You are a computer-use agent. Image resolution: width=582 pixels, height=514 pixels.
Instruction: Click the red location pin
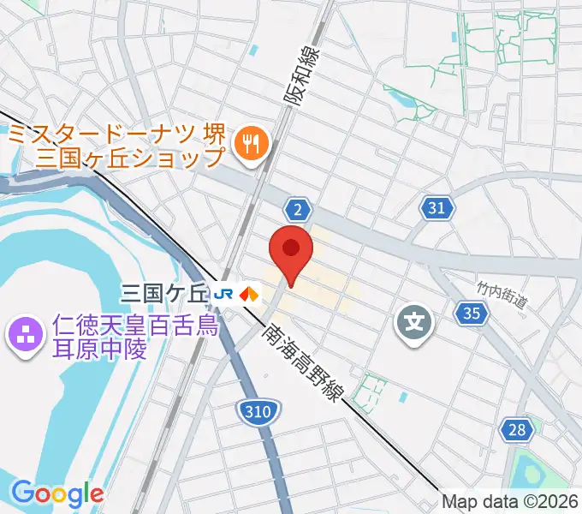(x=292, y=251)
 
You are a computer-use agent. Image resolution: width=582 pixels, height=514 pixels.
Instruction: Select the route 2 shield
(x=297, y=209)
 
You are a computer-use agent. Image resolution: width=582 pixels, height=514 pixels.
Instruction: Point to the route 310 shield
(x=256, y=412)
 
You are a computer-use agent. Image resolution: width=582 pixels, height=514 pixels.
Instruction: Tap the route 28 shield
(x=516, y=429)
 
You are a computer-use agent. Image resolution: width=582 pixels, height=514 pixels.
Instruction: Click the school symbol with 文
(x=414, y=323)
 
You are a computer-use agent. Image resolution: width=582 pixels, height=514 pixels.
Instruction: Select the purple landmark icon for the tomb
(x=23, y=333)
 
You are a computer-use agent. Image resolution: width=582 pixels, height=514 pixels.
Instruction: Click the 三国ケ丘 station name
(x=165, y=294)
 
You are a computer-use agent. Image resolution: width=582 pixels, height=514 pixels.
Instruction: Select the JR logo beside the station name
(x=225, y=294)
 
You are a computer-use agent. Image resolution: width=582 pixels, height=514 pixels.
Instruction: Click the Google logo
(x=57, y=493)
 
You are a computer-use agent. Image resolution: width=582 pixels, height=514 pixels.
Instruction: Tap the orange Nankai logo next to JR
(x=249, y=294)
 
